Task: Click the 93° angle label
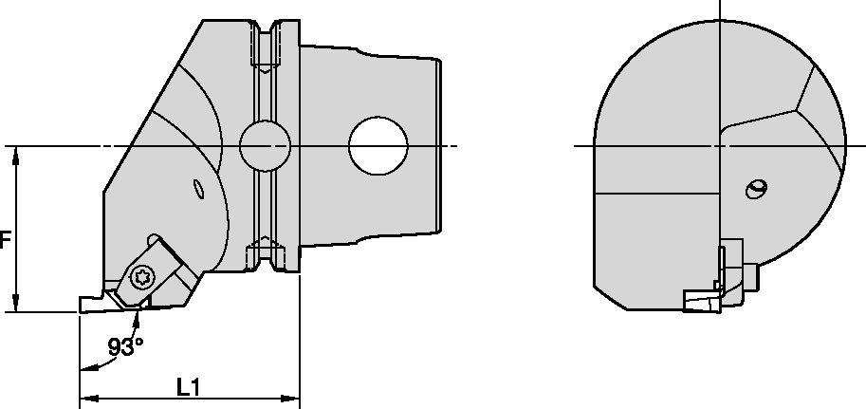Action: (x=124, y=347)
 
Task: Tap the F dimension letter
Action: (x=5, y=241)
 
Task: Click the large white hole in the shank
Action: (x=378, y=146)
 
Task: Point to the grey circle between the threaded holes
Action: (x=265, y=146)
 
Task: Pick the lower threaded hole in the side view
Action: (x=265, y=254)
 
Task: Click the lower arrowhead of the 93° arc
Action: (x=83, y=367)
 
